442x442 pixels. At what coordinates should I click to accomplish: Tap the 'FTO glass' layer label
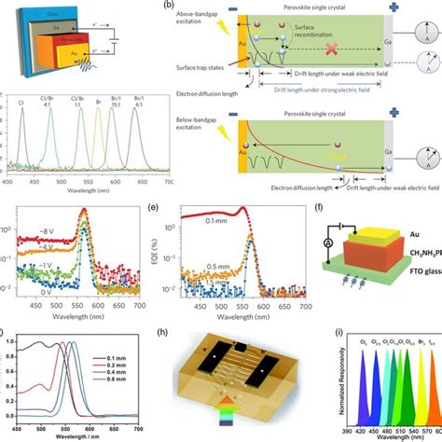[x=409, y=274]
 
